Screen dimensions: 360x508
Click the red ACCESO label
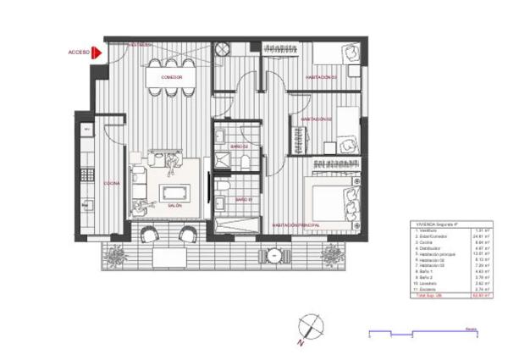click(x=79, y=53)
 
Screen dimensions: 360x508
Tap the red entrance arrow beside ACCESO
click(x=97, y=53)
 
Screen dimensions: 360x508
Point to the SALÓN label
click(x=174, y=206)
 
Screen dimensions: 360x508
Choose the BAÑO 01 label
click(x=241, y=199)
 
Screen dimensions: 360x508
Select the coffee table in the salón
click(x=175, y=191)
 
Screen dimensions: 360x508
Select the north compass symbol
click(x=311, y=324)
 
